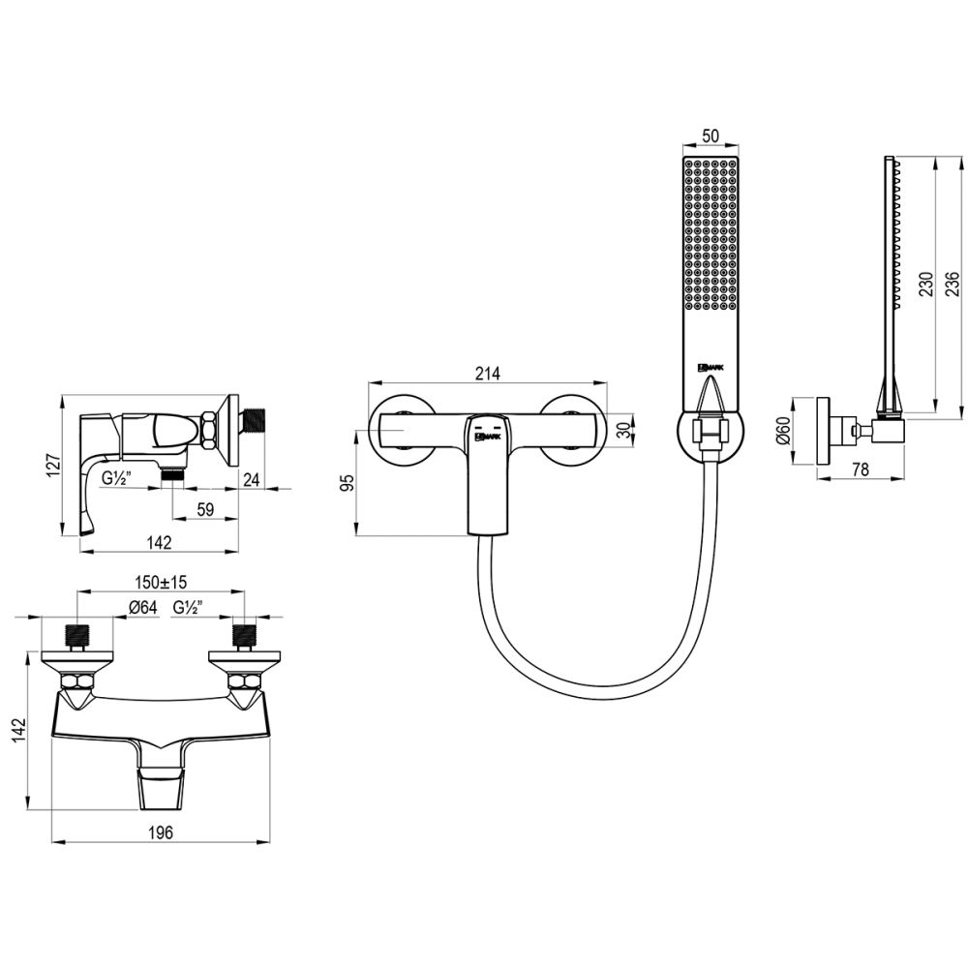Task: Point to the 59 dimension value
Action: click(206, 511)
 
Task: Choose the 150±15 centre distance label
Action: click(161, 582)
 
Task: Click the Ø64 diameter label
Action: click(142, 608)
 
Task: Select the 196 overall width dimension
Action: click(160, 831)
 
